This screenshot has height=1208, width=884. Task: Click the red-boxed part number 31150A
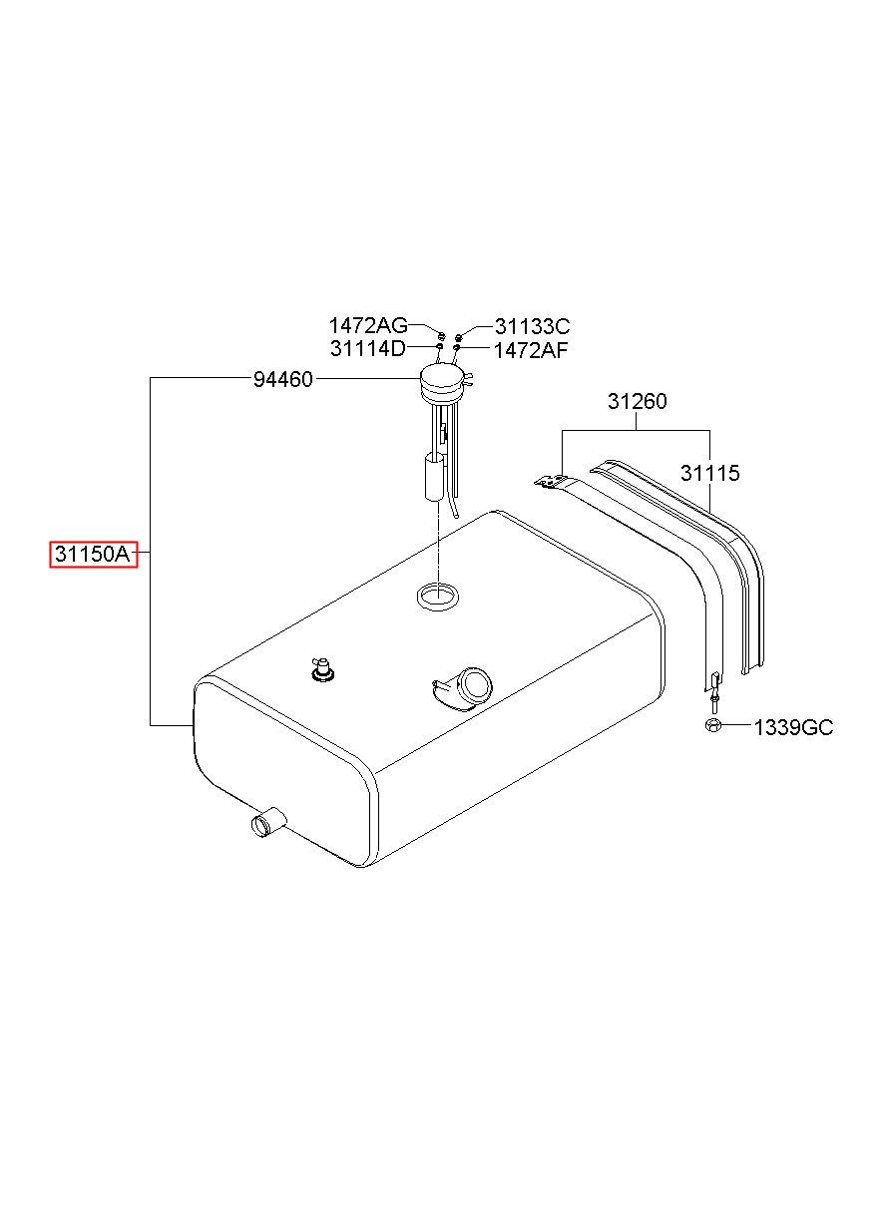94,554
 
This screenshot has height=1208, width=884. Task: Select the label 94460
283,380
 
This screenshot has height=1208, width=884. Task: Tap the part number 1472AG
368,326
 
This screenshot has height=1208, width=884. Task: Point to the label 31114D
368,349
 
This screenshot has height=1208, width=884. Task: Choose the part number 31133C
533,327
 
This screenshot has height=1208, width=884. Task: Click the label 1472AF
531,351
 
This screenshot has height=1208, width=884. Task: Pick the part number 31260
638,401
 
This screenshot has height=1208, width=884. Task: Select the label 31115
709,473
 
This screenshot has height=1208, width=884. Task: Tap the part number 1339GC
793,728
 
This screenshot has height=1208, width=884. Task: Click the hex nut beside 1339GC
712,725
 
